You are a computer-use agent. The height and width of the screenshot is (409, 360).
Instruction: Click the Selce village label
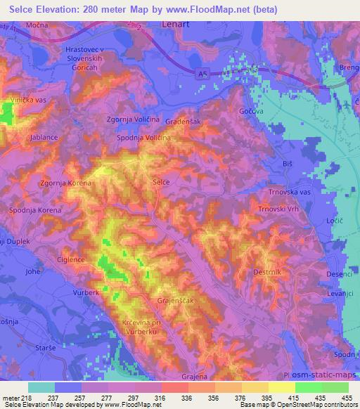tap(161, 182)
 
